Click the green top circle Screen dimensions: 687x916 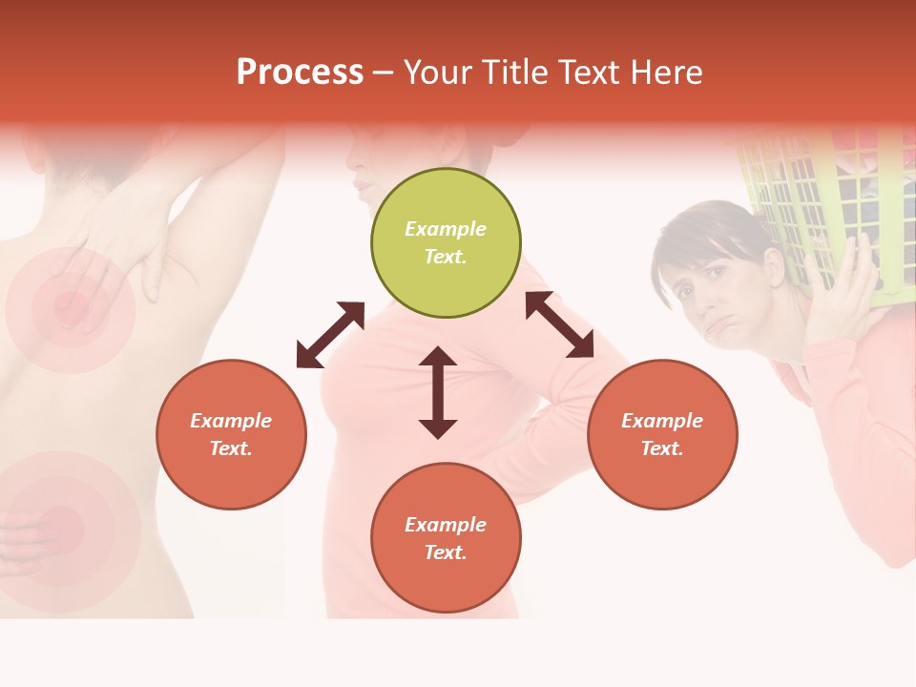tap(446, 242)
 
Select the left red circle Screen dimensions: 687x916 tap(231, 434)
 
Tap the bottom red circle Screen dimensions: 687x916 tap(446, 538)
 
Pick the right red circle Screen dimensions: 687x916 tap(662, 434)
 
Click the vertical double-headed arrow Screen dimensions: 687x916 tap(438, 392)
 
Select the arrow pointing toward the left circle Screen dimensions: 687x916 tap(330, 335)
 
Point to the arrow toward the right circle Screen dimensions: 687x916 tap(559, 324)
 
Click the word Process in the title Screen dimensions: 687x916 tap(300, 73)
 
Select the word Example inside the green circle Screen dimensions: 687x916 tap(446, 229)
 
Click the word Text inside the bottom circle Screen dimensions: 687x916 tap(446, 552)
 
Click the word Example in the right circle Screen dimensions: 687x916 tap(662, 421)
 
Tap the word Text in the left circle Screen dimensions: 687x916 tap(231, 448)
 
